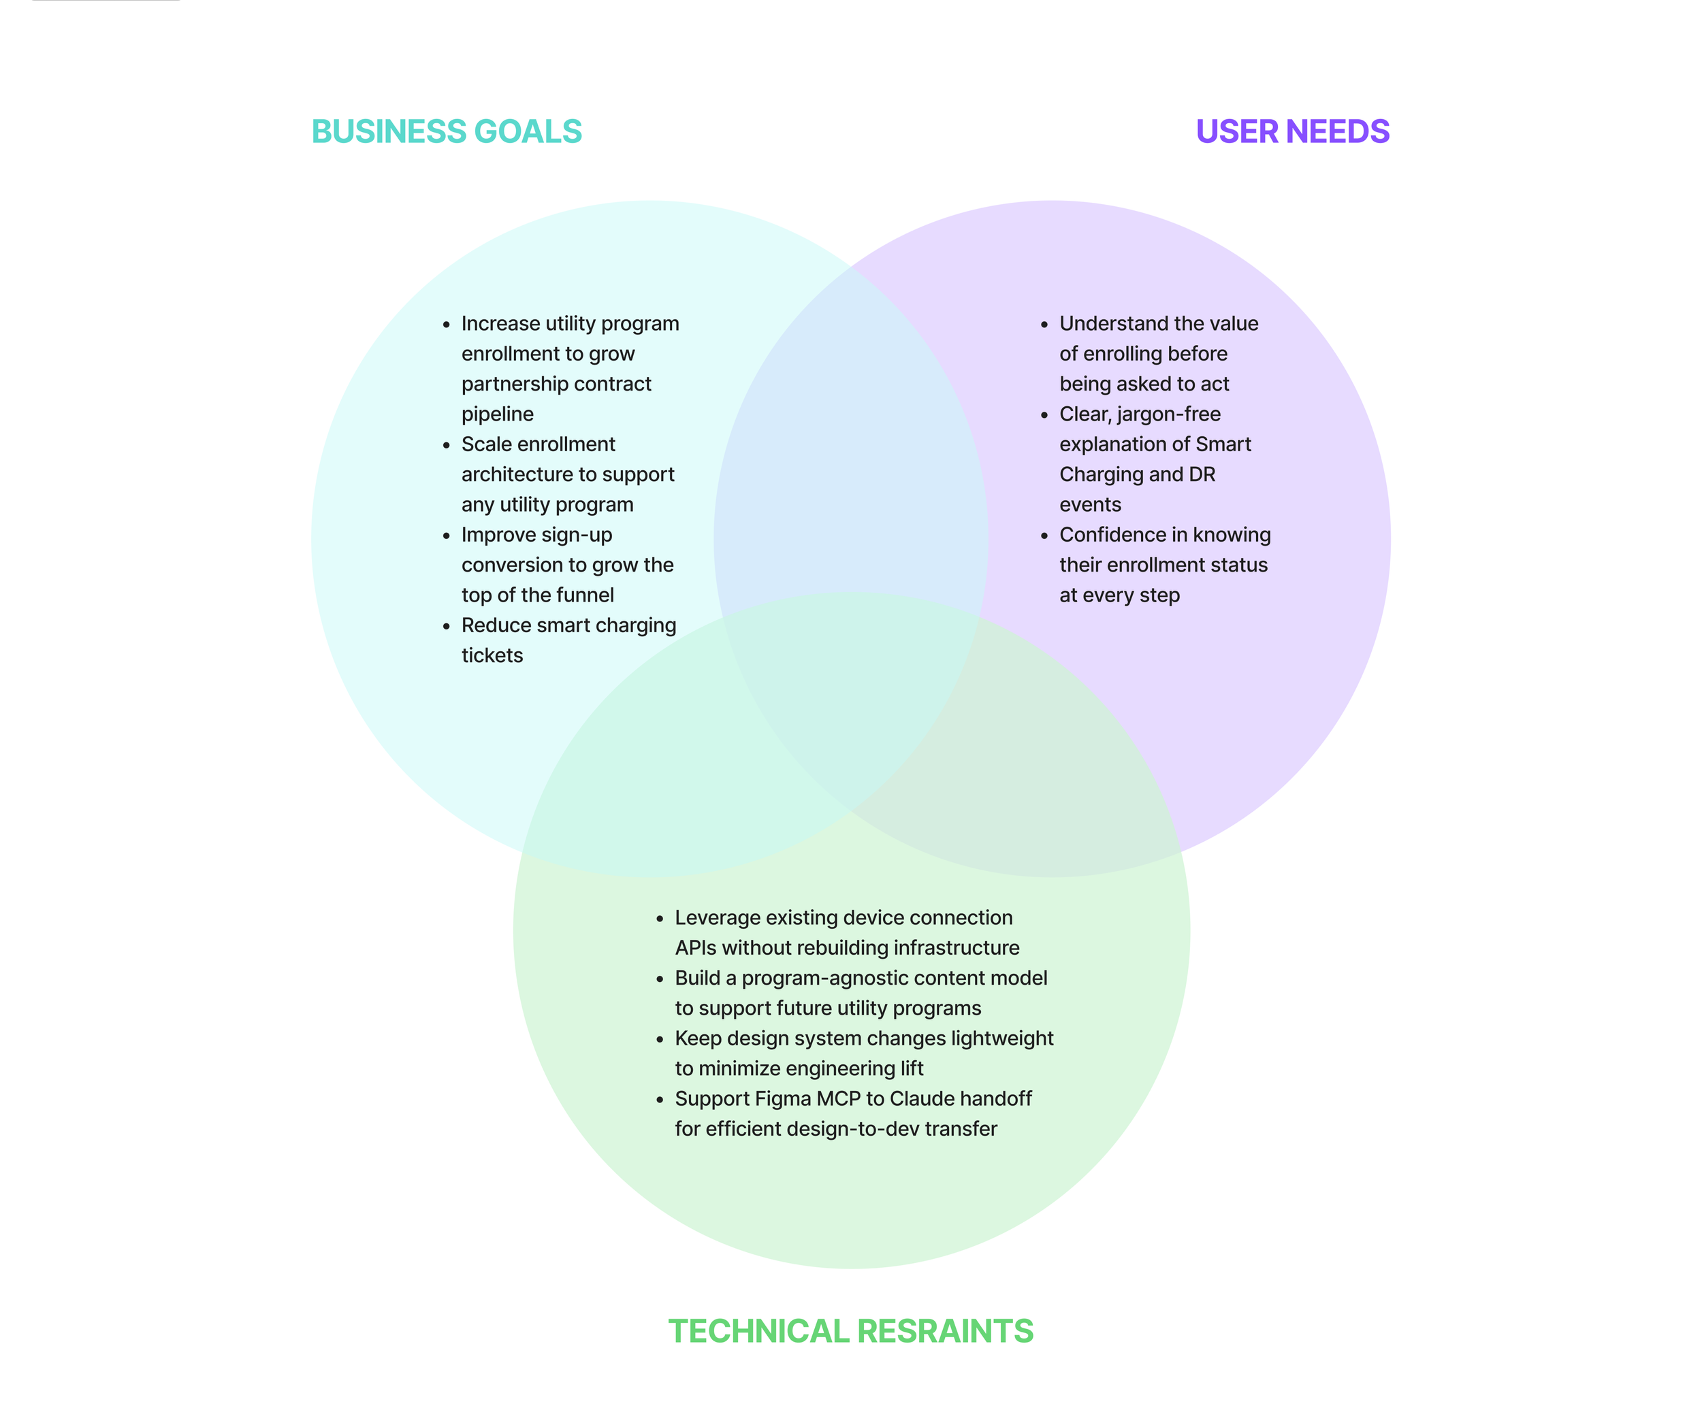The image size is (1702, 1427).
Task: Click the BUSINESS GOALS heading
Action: point(447,131)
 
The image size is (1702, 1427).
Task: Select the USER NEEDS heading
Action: point(1292,131)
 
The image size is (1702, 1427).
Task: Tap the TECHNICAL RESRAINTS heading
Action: point(850,1331)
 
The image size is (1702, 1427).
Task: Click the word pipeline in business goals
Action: point(498,414)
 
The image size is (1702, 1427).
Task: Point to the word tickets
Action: point(492,655)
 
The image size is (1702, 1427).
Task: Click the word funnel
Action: point(585,595)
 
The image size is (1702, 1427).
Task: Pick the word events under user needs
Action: point(1090,505)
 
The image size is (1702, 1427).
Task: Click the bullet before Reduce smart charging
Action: point(447,626)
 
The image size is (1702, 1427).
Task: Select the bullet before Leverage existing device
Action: point(660,919)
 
